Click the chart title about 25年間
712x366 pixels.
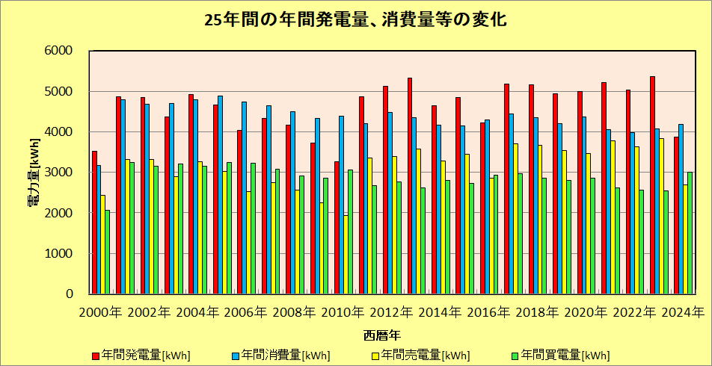click(356, 20)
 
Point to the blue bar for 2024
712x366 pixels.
click(681, 209)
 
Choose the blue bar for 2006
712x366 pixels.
click(245, 198)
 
